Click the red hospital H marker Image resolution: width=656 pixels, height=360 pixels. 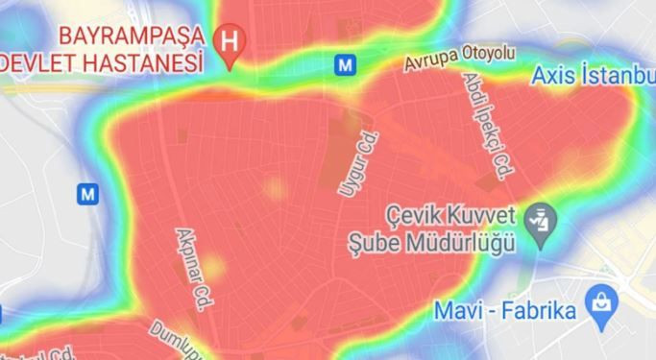[x=231, y=42]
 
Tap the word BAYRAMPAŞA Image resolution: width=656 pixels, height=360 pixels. [x=132, y=37]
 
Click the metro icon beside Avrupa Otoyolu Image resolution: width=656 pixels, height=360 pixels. [x=344, y=64]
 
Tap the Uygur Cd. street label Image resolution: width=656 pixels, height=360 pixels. [x=352, y=164]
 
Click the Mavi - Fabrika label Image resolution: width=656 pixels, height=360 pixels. [x=504, y=311]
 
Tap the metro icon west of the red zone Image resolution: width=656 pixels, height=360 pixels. [x=87, y=193]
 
